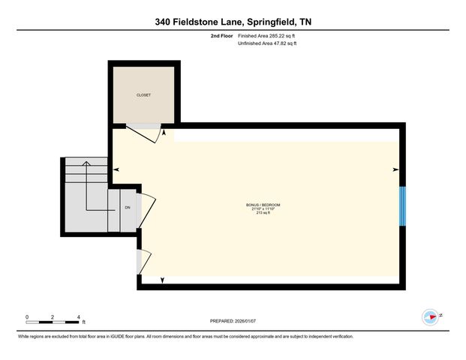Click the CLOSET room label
143,95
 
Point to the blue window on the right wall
402,205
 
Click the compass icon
431,316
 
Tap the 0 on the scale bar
27,317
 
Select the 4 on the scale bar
77,317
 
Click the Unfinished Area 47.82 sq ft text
267,44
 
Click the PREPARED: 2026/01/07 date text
233,321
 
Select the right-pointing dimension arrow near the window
395,170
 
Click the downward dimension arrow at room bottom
163,280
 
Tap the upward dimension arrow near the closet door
164,133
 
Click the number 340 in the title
166,22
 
